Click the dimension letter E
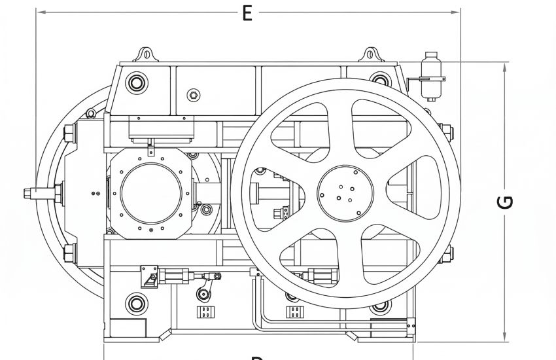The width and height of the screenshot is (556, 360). tap(247, 12)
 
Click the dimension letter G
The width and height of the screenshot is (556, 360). tap(504, 202)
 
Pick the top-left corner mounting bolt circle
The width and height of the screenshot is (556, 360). tap(136, 83)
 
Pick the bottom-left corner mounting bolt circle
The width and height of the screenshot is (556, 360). tap(136, 303)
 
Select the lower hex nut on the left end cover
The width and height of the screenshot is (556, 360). tap(67, 252)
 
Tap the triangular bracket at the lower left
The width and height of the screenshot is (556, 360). tap(148, 278)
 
